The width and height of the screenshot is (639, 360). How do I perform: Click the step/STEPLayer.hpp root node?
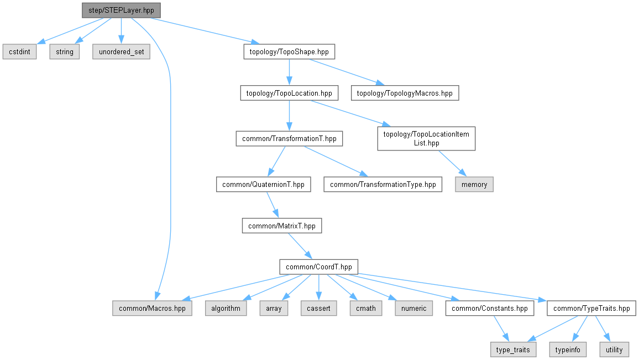pyautogui.click(x=121, y=10)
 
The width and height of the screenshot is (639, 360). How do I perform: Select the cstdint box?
pyautogui.click(x=19, y=52)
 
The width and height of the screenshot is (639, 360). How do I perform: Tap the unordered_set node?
pyautogui.click(x=121, y=52)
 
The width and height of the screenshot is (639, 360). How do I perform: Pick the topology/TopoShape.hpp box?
pyautogui.click(x=289, y=52)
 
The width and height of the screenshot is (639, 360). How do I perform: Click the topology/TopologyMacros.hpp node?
pyautogui.click(x=405, y=93)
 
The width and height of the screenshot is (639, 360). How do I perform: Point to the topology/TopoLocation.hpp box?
pyautogui.click(x=289, y=93)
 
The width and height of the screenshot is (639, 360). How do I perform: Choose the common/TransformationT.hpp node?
pyautogui.click(x=289, y=139)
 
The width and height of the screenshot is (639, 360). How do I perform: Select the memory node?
pyautogui.click(x=474, y=184)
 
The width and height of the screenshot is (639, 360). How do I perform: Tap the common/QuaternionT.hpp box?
pyautogui.click(x=263, y=184)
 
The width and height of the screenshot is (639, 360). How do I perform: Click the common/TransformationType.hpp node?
pyautogui.click(x=383, y=184)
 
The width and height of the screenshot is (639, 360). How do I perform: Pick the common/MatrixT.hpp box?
pyautogui.click(x=282, y=226)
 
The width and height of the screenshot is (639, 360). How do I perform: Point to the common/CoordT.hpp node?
pyautogui.click(x=319, y=267)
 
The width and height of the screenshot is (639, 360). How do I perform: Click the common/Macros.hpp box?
pyautogui.click(x=152, y=308)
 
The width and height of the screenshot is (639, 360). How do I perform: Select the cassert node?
pyautogui.click(x=319, y=308)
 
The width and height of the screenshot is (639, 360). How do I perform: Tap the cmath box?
pyautogui.click(x=366, y=308)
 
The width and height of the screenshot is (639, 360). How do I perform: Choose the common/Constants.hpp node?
pyautogui.click(x=490, y=308)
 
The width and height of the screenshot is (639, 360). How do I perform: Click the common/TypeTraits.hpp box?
pyautogui.click(x=591, y=308)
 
